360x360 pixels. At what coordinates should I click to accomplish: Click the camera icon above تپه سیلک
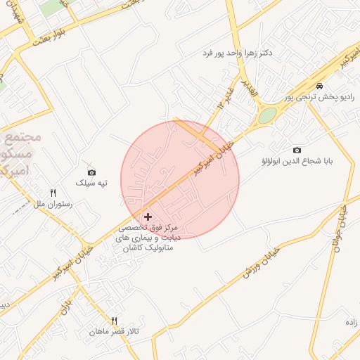(91, 172)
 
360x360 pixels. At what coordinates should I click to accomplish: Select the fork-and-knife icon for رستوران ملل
(53, 193)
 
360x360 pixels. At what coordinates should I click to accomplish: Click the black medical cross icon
(147, 217)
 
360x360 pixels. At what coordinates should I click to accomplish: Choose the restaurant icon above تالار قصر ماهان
(115, 321)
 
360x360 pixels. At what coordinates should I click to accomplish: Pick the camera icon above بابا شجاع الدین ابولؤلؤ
(297, 150)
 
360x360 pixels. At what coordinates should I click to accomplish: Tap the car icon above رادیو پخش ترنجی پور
(320, 86)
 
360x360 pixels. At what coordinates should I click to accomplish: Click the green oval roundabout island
(267, 115)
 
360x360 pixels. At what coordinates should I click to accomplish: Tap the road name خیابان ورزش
(261, 262)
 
